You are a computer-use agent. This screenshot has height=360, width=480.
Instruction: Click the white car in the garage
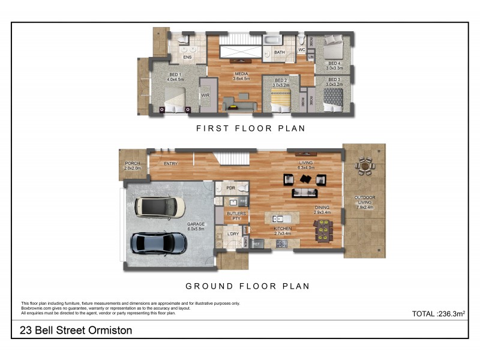click(159, 207)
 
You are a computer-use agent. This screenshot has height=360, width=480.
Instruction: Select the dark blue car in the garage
click(159, 242)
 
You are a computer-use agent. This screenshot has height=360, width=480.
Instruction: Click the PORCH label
click(133, 166)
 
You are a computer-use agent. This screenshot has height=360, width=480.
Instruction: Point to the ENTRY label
click(171, 163)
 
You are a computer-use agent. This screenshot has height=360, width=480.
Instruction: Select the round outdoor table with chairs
click(364, 165)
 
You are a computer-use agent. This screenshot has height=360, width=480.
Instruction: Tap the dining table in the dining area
click(323, 229)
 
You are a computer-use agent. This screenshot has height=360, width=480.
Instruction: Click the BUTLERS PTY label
click(232, 215)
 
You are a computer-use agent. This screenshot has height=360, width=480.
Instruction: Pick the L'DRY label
click(232, 234)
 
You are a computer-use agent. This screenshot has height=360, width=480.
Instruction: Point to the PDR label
click(231, 188)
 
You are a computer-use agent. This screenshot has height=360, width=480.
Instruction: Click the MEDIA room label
click(241, 76)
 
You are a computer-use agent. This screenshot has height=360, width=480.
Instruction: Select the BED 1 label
click(175, 76)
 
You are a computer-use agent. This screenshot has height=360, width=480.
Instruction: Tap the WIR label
click(205, 95)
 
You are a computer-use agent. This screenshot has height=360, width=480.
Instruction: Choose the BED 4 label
click(334, 65)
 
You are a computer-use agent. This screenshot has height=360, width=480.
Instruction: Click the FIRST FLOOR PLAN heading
click(251, 128)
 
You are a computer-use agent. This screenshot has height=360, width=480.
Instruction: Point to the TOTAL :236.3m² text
click(439, 314)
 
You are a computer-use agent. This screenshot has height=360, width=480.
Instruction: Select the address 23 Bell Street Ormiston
click(76, 330)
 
